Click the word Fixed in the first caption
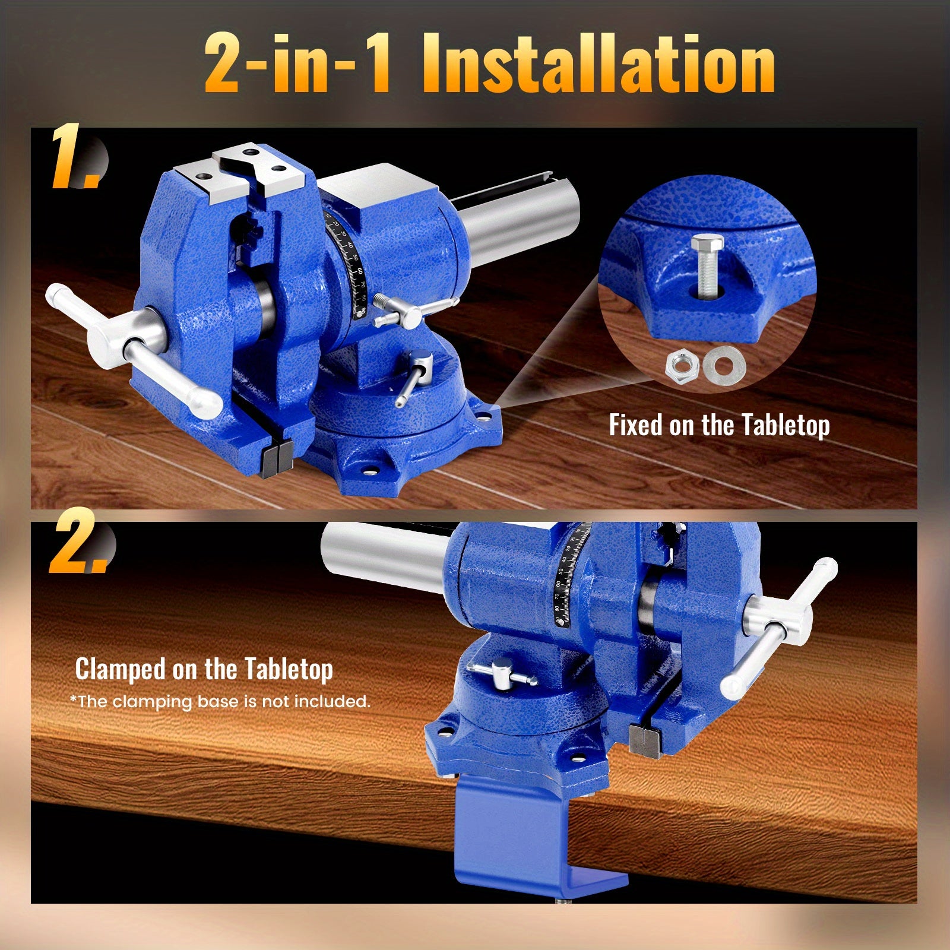click(x=636, y=425)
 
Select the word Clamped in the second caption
click(x=120, y=669)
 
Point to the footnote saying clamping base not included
click(x=220, y=702)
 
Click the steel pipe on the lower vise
click(x=386, y=555)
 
